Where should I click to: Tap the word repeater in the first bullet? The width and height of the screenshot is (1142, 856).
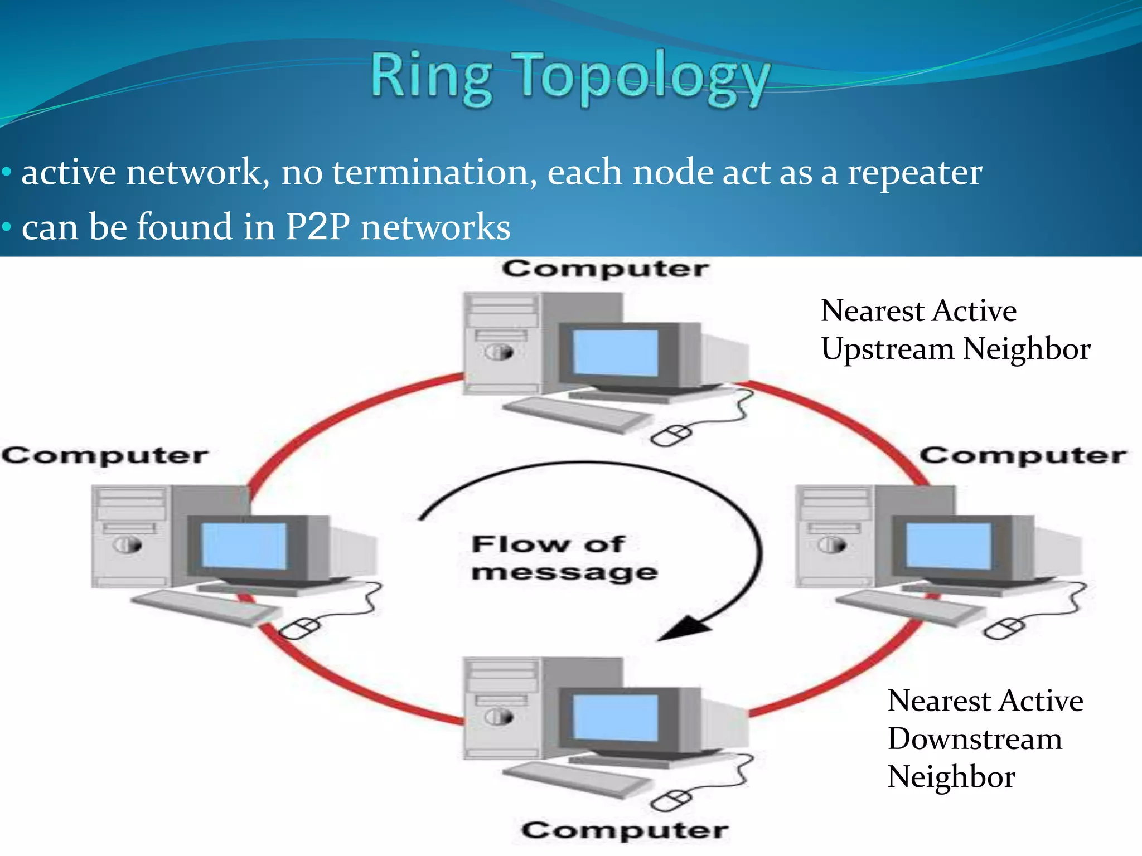[914, 173]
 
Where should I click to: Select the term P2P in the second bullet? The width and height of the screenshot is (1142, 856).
[318, 227]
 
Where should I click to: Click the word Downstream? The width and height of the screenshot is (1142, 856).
[975, 739]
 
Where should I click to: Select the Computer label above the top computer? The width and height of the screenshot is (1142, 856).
[605, 269]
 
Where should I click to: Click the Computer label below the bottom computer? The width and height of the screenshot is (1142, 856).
[625, 830]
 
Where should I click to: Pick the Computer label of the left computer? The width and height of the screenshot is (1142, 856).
[105, 456]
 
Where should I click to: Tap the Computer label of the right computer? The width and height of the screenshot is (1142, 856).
[1023, 456]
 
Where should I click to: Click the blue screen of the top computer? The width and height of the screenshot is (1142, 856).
[616, 352]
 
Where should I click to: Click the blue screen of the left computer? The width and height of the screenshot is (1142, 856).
[244, 545]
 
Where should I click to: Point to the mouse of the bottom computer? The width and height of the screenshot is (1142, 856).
[671, 801]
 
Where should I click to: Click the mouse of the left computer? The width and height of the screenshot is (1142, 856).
[299, 629]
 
